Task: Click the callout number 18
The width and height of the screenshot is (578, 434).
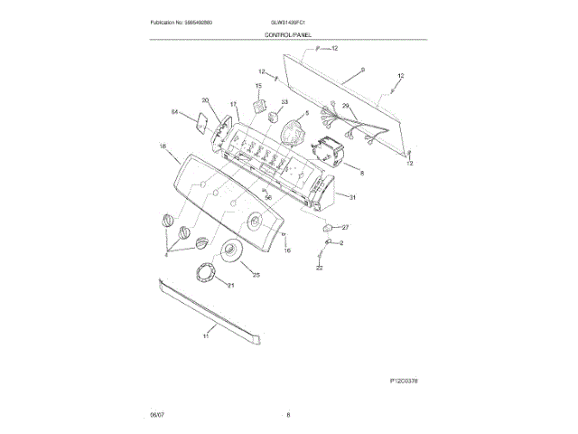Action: click(x=163, y=146)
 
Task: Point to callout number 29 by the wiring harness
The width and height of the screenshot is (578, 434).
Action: click(x=344, y=107)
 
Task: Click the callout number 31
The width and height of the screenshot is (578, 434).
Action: click(x=353, y=197)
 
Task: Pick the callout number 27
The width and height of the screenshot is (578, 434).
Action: click(x=344, y=227)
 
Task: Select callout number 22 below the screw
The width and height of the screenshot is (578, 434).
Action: click(x=319, y=269)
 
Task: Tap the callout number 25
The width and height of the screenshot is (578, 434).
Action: click(x=256, y=275)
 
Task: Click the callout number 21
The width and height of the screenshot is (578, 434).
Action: click(x=230, y=286)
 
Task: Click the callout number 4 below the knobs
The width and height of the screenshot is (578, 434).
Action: click(x=166, y=255)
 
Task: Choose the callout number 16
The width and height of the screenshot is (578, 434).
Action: click(x=288, y=250)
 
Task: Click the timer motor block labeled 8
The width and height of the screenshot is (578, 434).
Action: click(x=331, y=151)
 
